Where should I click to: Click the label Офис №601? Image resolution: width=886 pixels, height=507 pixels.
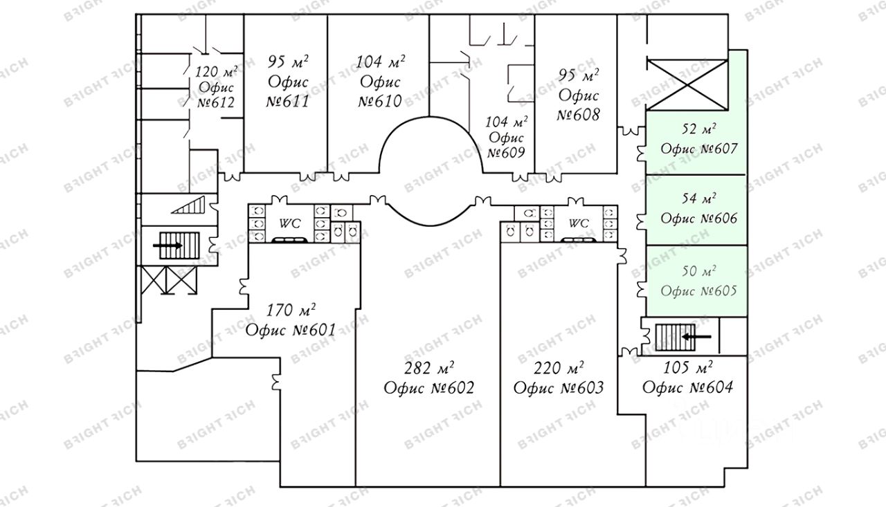(x=291, y=330)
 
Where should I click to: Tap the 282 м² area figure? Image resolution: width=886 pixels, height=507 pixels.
(x=429, y=368)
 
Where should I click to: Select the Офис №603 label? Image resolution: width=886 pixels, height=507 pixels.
(x=559, y=387)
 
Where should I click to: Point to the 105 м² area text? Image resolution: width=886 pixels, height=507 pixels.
(x=688, y=368)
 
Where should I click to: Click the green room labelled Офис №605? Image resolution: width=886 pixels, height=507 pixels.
(x=697, y=281)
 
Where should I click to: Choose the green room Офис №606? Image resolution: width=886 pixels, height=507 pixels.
(x=697, y=210)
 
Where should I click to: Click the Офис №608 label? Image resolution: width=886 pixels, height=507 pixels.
(x=578, y=104)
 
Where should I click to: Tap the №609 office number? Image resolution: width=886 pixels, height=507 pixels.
(x=506, y=153)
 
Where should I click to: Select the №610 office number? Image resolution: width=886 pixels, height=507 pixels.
(x=380, y=101)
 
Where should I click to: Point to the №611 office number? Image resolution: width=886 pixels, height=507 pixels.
(x=287, y=101)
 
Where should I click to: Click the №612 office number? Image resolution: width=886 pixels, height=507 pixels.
(x=216, y=103)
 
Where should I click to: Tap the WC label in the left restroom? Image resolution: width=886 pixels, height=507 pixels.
(x=290, y=223)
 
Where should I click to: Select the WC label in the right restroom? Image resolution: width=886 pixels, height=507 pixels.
(x=579, y=223)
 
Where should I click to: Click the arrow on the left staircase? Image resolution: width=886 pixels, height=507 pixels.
(x=168, y=246)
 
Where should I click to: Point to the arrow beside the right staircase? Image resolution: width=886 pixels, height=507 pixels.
(x=696, y=337)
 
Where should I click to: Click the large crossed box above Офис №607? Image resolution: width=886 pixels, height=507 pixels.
(x=687, y=84)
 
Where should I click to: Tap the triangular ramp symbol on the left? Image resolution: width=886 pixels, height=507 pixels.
(x=188, y=205)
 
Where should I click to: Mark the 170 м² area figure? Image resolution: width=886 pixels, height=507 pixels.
(x=291, y=311)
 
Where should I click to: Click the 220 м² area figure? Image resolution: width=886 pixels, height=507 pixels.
(x=559, y=368)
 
